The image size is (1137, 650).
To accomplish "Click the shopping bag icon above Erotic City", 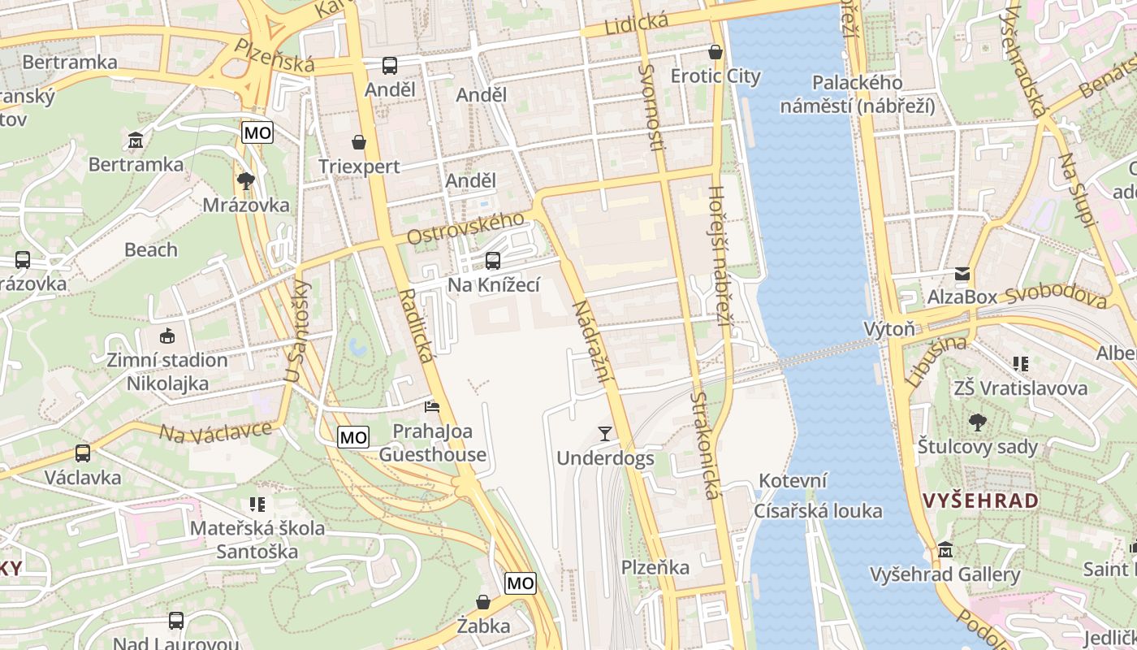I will tap(715, 52).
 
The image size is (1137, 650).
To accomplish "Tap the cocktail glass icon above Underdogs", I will tap(604, 433).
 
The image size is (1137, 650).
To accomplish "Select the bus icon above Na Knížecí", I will tap(492, 261).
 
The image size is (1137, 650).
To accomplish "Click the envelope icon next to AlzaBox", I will tap(962, 274).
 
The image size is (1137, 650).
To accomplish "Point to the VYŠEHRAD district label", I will tap(980, 500).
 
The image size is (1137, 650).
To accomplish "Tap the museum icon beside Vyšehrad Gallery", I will tap(945, 550).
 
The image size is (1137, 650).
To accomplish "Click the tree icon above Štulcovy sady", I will tap(978, 422).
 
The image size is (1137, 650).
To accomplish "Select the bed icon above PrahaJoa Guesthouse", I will tap(432, 406).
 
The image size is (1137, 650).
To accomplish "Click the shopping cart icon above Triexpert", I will tap(359, 142).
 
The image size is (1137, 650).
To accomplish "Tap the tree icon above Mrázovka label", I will tap(245, 180).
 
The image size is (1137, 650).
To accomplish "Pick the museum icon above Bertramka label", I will tap(136, 141).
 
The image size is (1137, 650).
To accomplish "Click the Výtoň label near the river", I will tap(888, 329).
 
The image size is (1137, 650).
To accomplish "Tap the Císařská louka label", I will tap(818, 511).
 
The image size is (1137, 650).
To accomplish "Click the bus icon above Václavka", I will tap(82, 453).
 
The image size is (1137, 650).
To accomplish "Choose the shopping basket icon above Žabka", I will tap(483, 602).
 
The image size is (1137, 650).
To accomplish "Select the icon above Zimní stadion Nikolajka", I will tap(167, 336).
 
